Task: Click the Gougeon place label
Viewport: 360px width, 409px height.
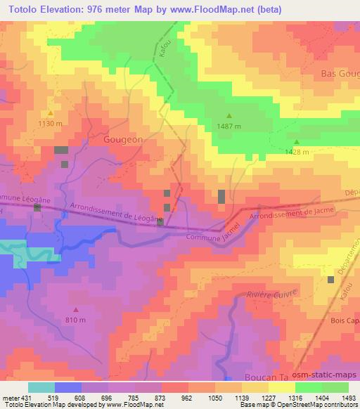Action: pyautogui.click(x=123, y=140)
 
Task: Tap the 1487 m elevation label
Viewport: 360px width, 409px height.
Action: pyautogui.click(x=229, y=126)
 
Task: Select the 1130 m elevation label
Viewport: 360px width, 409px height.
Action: pyautogui.click(x=51, y=123)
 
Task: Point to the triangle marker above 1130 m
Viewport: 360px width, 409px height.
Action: pyautogui.click(x=50, y=113)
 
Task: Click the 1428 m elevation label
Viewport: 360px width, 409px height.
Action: pyautogui.click(x=297, y=152)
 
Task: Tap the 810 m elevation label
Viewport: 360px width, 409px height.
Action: pyautogui.click(x=76, y=320)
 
